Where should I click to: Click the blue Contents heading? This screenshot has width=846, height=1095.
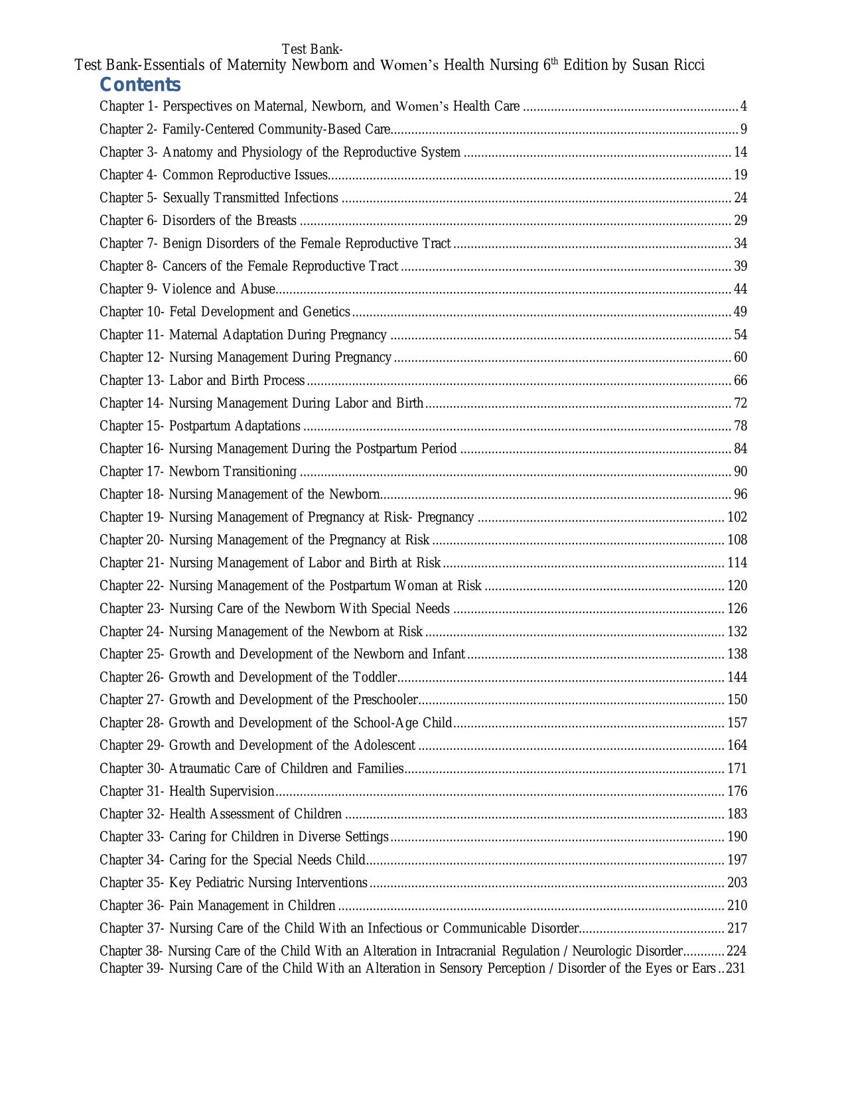(x=140, y=85)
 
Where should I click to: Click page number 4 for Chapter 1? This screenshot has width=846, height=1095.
(x=743, y=106)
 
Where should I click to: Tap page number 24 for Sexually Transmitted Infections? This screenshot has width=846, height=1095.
(x=740, y=198)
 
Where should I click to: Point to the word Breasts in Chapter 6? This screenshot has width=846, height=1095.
(x=276, y=220)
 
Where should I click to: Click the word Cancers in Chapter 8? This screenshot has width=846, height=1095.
(x=184, y=266)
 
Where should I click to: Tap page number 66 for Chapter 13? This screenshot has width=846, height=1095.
(x=740, y=380)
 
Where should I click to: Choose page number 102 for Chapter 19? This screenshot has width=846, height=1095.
(x=737, y=517)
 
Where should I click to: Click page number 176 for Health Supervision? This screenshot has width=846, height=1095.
(x=737, y=791)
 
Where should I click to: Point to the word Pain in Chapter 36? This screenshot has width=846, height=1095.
(x=181, y=905)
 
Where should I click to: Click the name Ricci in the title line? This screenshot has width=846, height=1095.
(x=687, y=65)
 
